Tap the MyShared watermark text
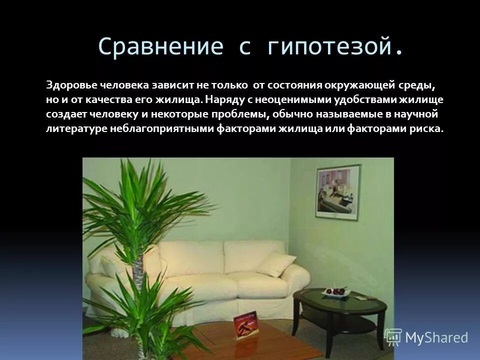click(436, 338)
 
